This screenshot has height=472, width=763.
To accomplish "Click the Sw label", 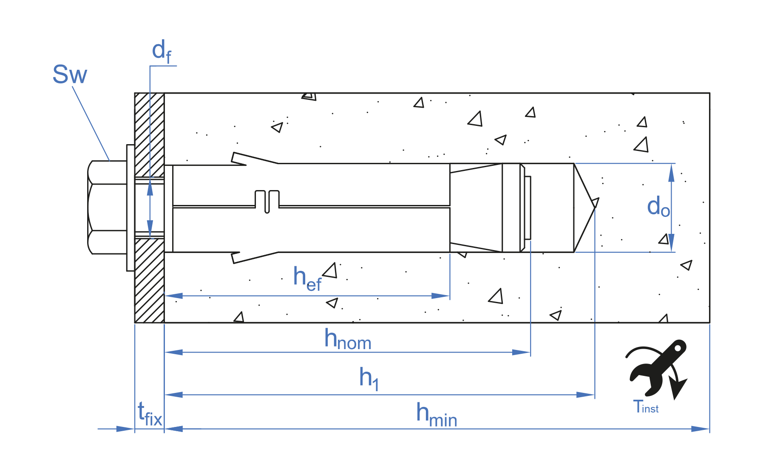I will tap(70, 75).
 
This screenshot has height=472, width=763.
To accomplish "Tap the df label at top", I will tap(162, 51).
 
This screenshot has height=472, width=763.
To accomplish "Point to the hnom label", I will tap(348, 340).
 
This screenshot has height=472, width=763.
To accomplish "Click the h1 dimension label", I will tap(369, 378).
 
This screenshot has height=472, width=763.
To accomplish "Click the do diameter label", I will tap(658, 207).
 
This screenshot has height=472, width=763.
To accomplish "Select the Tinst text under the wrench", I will tap(646, 407).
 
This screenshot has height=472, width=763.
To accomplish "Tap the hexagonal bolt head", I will tap(108, 208).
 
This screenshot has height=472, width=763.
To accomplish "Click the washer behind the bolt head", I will tap(130, 208).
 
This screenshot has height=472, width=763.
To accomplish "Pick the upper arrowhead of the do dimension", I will tap(671, 172).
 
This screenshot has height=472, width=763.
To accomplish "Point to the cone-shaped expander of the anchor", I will tap(476, 208).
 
